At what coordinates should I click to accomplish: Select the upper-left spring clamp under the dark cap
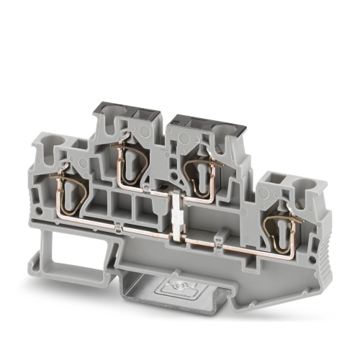pos(130,156)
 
